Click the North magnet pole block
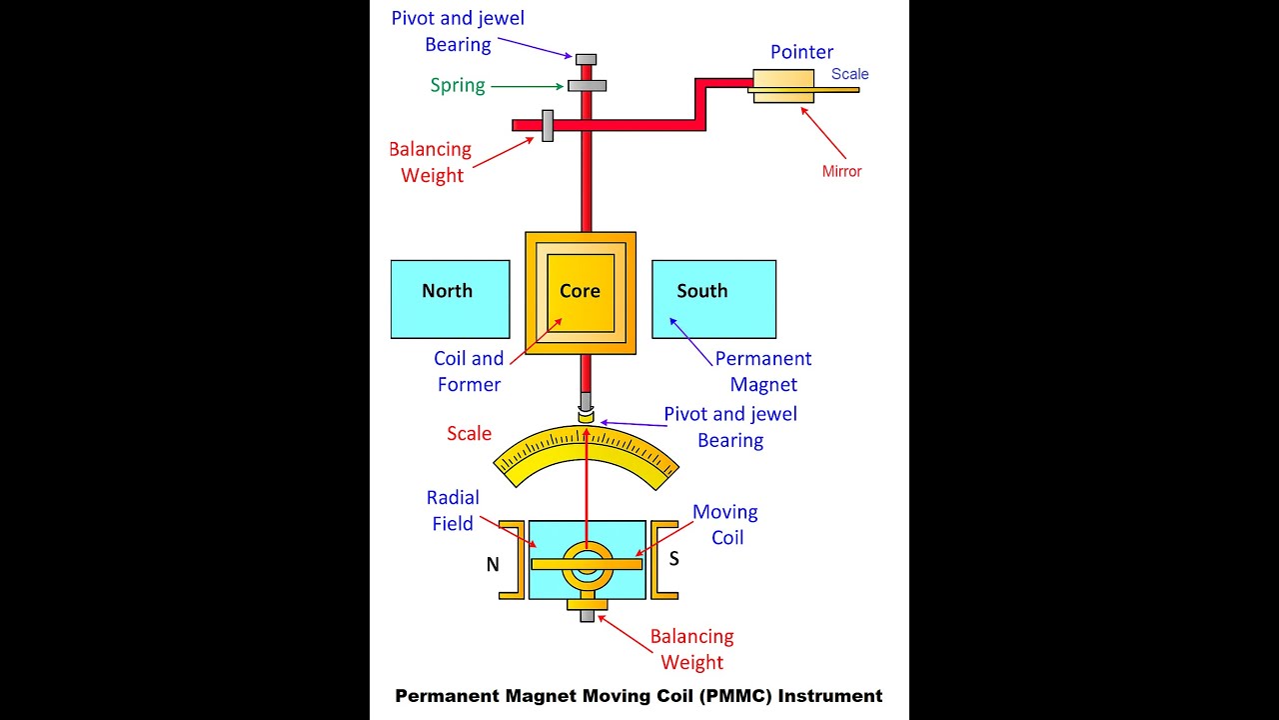[449, 298]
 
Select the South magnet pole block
[713, 298]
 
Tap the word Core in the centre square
[580, 291]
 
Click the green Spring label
[458, 85]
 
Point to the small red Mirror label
[841, 171]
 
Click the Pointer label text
[801, 52]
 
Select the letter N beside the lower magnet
[493, 565]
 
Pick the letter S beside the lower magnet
[674, 559]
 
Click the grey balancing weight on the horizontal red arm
[548, 125]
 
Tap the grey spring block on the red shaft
[588, 85]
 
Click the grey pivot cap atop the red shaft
[587, 59]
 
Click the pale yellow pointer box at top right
[784, 85]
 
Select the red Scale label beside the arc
[469, 433]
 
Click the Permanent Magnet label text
[763, 371]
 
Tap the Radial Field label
[453, 510]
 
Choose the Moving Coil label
[725, 524]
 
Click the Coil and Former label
[468, 371]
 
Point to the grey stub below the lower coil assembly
[588, 616]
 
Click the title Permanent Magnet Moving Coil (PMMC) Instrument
[639, 696]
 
